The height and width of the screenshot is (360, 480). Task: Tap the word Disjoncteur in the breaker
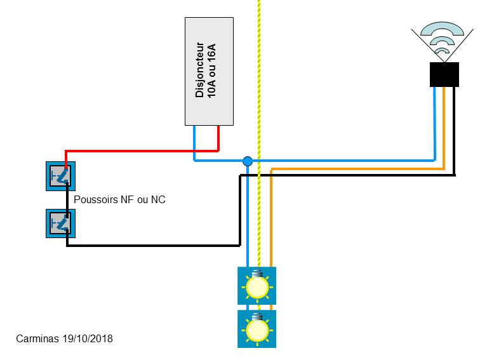click(200, 70)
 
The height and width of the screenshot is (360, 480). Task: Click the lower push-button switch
click(61, 223)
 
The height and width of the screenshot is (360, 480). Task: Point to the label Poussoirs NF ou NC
click(120, 199)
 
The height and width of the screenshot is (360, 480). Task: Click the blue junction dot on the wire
click(248, 161)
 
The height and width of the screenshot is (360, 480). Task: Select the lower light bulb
click(257, 329)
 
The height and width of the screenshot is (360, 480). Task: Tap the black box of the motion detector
click(444, 74)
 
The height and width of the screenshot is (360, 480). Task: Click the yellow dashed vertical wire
click(259, 95)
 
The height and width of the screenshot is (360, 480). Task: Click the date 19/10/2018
click(88, 338)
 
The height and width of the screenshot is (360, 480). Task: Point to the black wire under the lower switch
click(152, 244)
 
